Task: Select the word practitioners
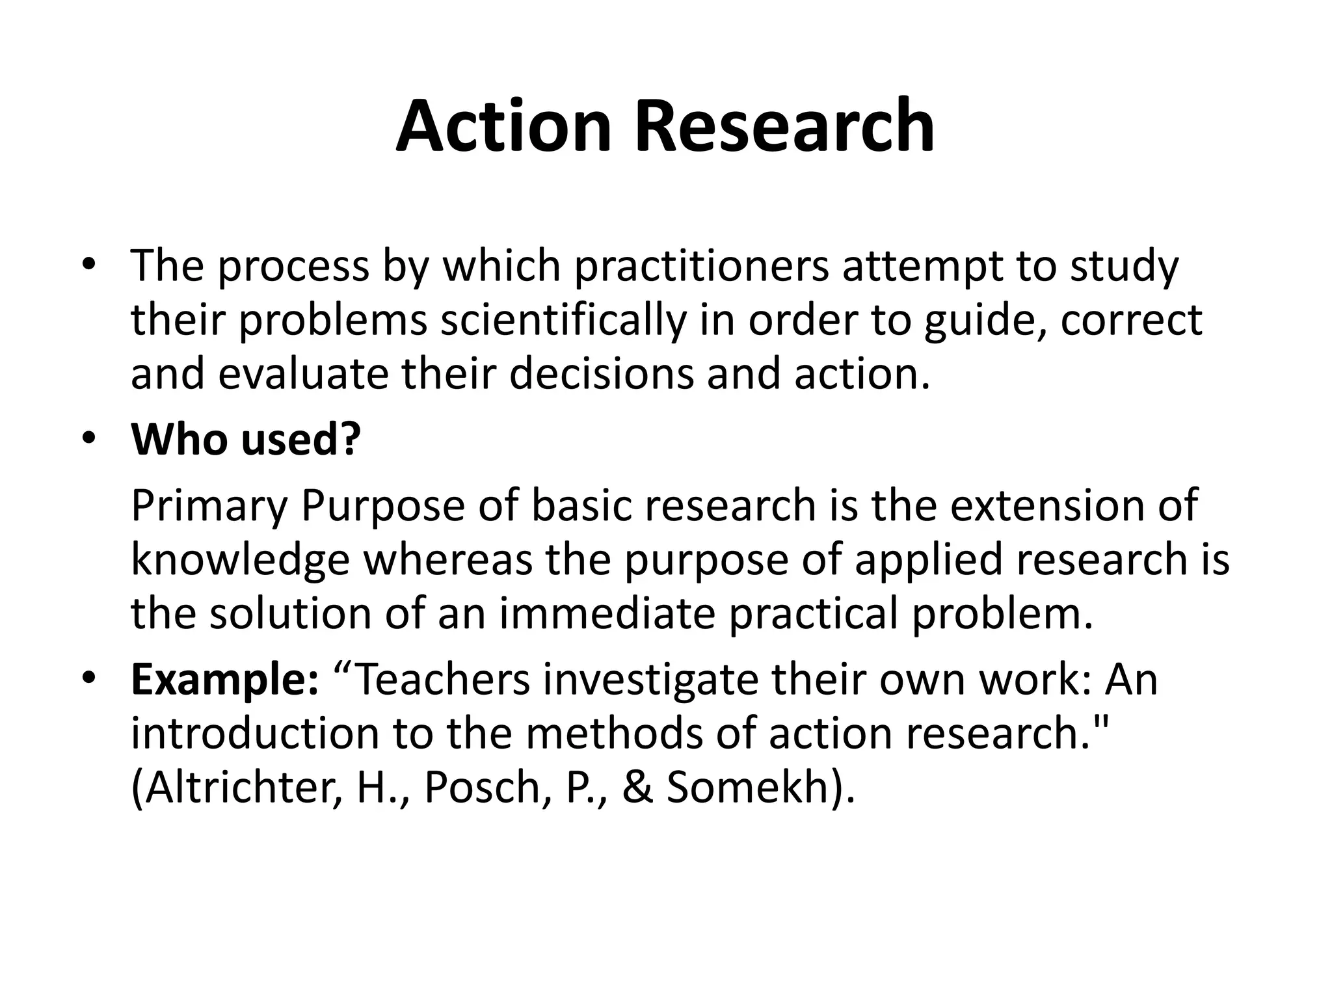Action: (x=702, y=267)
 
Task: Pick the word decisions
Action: (x=602, y=375)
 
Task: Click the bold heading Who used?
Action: (x=246, y=440)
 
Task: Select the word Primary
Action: (x=209, y=506)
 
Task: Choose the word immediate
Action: (x=607, y=614)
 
